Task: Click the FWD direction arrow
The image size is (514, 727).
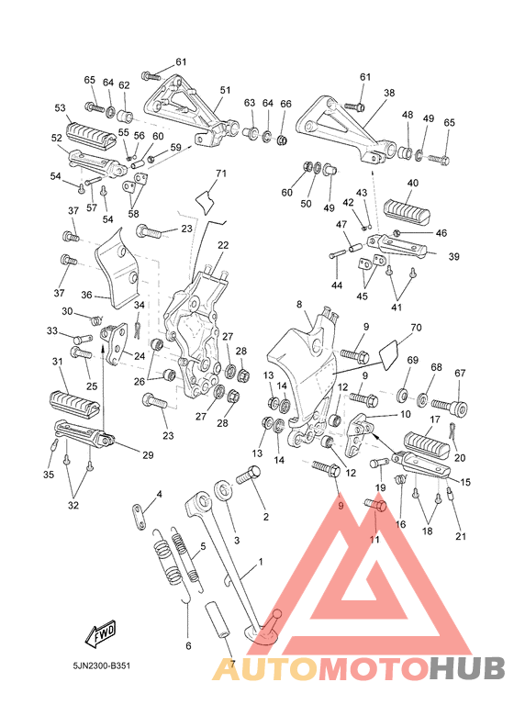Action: pyautogui.click(x=101, y=633)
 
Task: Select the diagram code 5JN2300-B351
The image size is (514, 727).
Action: pyautogui.click(x=102, y=665)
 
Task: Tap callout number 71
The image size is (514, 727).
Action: pyautogui.click(x=221, y=173)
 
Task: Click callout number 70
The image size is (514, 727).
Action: pyautogui.click(x=416, y=328)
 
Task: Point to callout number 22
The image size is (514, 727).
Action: pyautogui.click(x=223, y=245)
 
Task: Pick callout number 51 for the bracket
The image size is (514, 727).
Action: pyautogui.click(x=225, y=90)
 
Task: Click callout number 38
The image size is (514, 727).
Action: pyautogui.click(x=389, y=93)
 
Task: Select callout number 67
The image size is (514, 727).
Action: pyautogui.click(x=460, y=373)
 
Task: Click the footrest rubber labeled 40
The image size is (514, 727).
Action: pyautogui.click(x=407, y=209)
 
